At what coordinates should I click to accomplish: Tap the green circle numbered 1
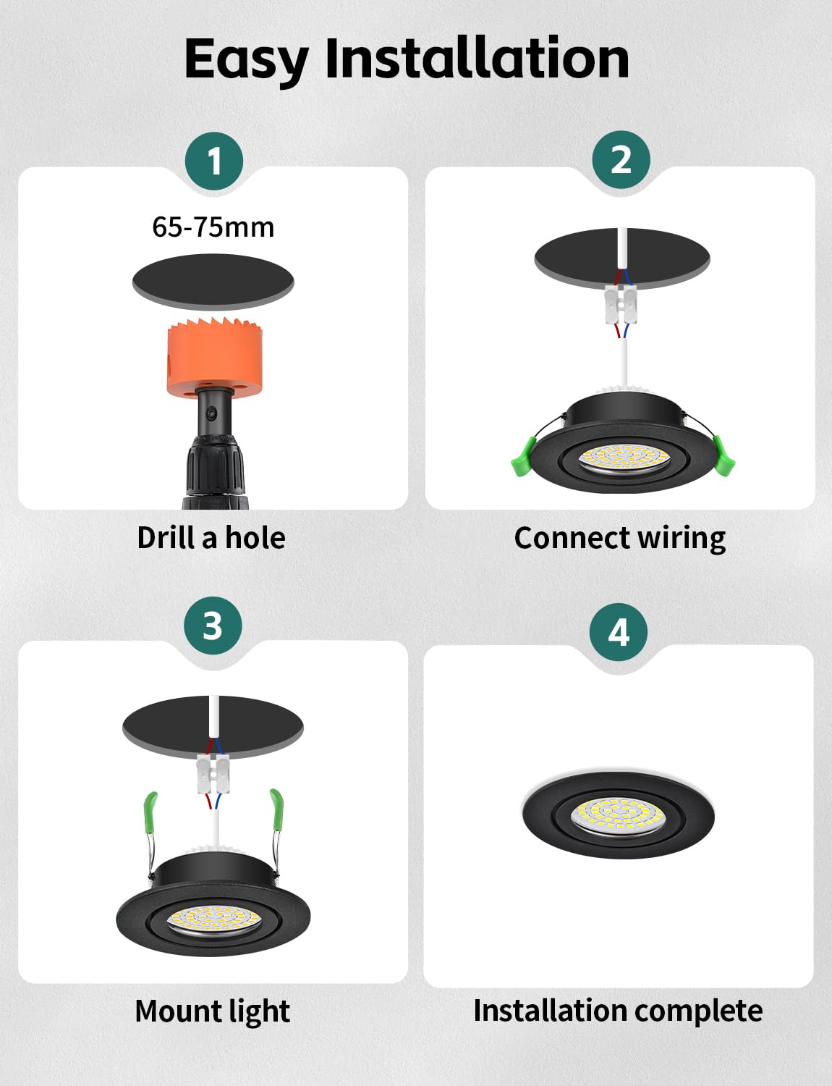point(213,161)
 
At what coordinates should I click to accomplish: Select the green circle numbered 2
point(621,160)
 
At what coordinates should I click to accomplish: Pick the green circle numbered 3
point(213,626)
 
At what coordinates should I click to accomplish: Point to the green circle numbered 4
point(619,632)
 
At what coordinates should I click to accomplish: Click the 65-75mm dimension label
point(213,227)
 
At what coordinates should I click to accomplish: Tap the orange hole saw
point(214,358)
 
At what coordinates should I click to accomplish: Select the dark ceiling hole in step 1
point(213,282)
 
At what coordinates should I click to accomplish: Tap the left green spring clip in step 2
point(522,456)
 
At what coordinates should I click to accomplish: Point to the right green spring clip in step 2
point(723,455)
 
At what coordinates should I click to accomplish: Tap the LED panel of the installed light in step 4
point(619,816)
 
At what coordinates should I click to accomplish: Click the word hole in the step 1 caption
point(255,538)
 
